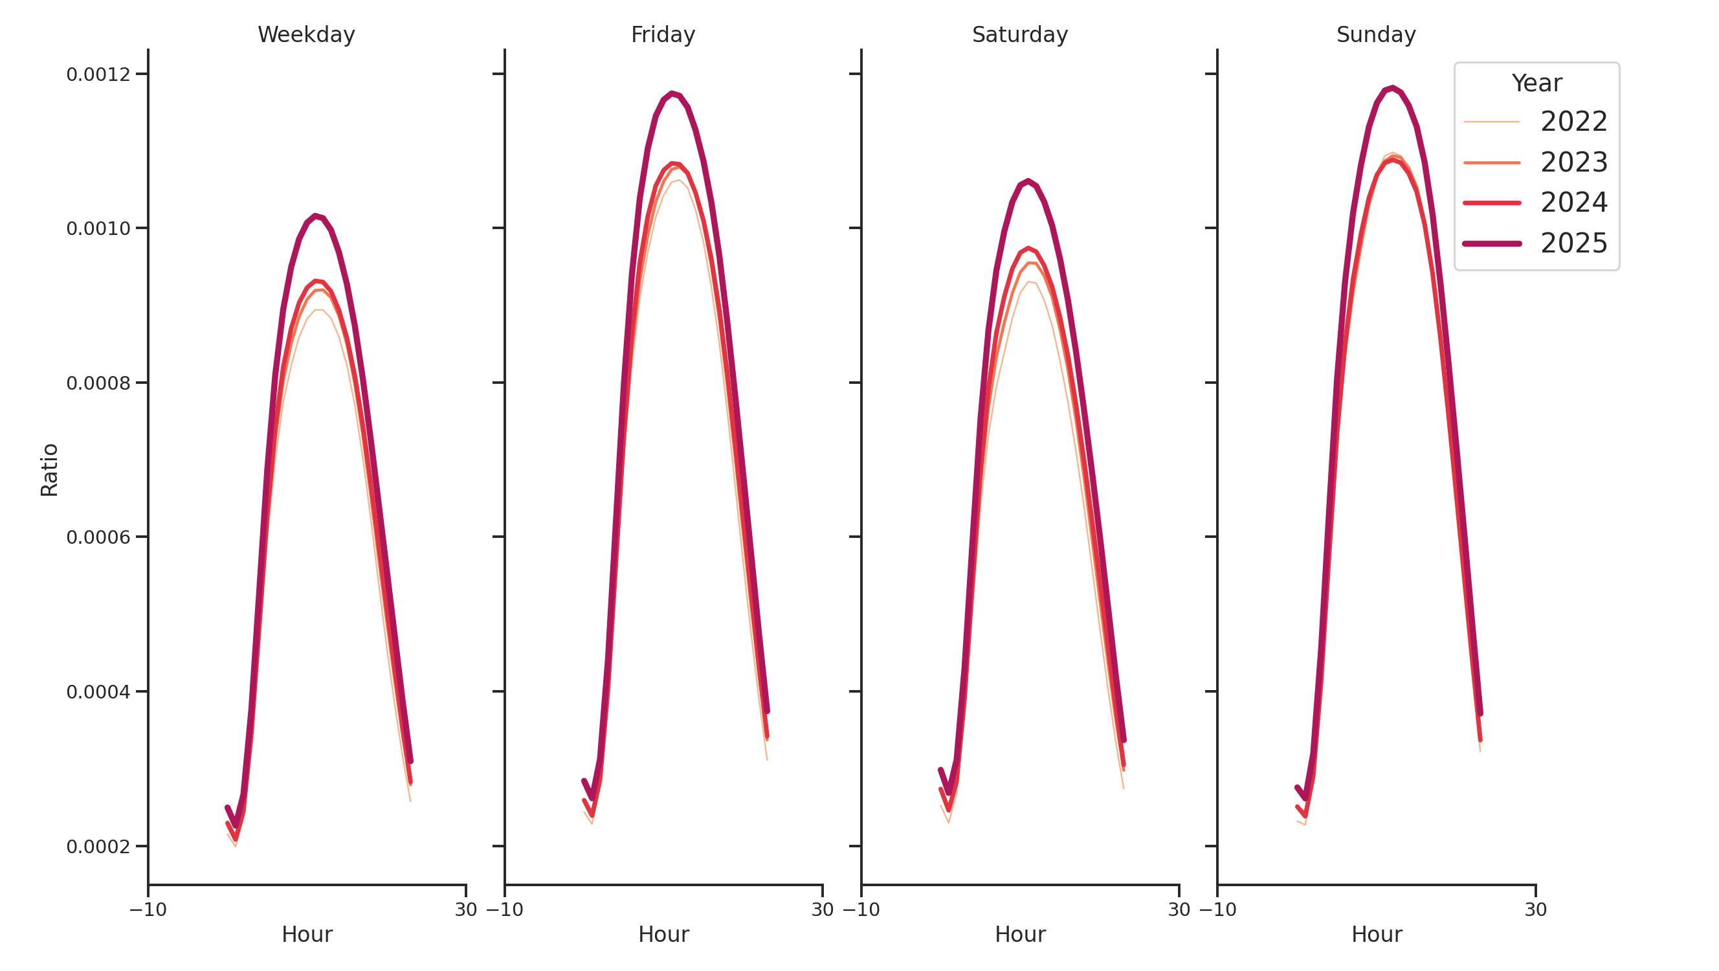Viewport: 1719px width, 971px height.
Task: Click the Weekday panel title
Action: point(306,35)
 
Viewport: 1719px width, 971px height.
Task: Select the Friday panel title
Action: point(663,35)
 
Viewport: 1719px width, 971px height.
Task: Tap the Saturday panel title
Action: point(1019,35)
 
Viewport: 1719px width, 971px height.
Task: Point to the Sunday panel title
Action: point(1375,35)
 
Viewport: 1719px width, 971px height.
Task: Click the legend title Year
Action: point(1536,84)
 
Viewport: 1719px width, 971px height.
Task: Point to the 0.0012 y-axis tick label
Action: point(98,74)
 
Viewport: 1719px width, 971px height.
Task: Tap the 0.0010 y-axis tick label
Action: point(98,229)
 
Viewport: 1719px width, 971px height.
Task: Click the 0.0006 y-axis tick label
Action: point(98,538)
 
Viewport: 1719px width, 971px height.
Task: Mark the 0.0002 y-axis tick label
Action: point(98,847)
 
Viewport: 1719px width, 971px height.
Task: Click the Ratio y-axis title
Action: point(49,470)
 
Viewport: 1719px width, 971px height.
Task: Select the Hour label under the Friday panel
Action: point(663,934)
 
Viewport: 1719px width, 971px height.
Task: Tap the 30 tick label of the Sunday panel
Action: point(1535,910)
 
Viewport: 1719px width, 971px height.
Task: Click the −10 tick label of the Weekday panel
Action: point(148,910)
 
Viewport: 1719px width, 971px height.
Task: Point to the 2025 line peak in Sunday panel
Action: point(1392,88)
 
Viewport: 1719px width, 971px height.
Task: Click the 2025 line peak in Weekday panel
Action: point(315,216)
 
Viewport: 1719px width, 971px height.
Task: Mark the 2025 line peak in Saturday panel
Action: point(1028,181)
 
